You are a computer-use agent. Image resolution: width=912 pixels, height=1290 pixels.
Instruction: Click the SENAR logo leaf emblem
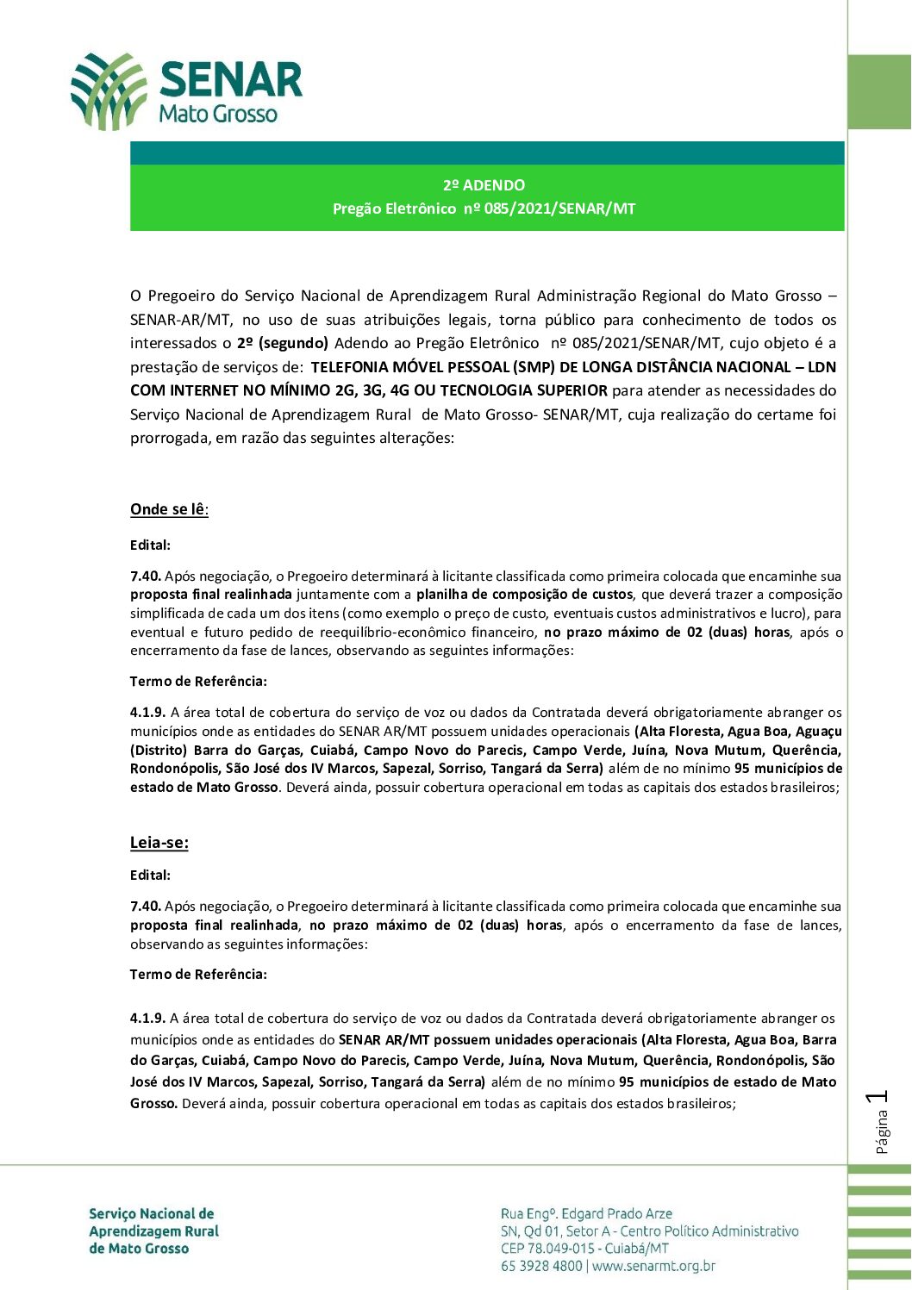coord(109,90)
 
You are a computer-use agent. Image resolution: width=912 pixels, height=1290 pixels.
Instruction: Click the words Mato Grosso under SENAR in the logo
coord(218,114)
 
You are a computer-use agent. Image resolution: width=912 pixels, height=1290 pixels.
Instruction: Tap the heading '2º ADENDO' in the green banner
coord(484,185)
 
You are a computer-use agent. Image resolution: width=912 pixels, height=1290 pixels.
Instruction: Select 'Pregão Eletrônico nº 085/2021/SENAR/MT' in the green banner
coord(484,209)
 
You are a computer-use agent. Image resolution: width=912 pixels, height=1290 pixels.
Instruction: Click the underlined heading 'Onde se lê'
coord(168,509)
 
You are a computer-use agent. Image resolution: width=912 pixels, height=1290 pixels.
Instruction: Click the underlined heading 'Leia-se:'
coord(159,843)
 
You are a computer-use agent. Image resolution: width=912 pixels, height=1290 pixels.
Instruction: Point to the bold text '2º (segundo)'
coord(282,343)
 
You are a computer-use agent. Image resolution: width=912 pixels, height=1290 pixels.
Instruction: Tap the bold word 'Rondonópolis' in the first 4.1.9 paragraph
coord(173,769)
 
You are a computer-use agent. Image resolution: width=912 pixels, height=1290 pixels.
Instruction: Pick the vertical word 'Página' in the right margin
coord(881,1131)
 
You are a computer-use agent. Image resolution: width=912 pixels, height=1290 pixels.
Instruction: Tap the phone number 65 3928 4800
coord(541,1266)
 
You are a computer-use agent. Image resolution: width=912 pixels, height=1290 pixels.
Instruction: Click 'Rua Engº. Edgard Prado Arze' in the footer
coord(586,1214)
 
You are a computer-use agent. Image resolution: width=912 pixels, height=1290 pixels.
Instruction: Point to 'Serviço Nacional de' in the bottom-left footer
coord(152,1214)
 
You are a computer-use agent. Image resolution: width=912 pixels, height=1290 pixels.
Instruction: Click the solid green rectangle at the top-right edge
coord(879,92)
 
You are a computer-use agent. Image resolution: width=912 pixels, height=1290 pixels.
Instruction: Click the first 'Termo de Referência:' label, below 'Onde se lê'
coord(198,682)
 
